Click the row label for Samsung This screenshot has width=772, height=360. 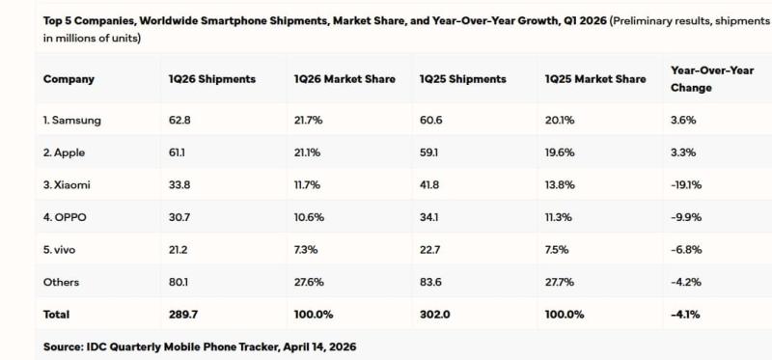pyautogui.click(x=72, y=120)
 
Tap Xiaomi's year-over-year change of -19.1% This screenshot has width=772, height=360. pyautogui.click(x=686, y=184)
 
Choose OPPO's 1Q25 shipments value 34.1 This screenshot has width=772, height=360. pyautogui.click(x=429, y=217)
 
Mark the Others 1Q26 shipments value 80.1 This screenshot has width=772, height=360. pyautogui.click(x=178, y=282)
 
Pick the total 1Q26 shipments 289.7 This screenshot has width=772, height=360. pyautogui.click(x=182, y=314)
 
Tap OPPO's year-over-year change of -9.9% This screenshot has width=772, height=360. pyautogui.click(x=685, y=217)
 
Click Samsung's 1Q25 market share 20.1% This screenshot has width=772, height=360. pyautogui.click(x=561, y=120)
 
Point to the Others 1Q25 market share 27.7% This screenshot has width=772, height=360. pyautogui.click(x=562, y=282)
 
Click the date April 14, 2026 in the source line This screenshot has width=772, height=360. pyautogui.click(x=312, y=345)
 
